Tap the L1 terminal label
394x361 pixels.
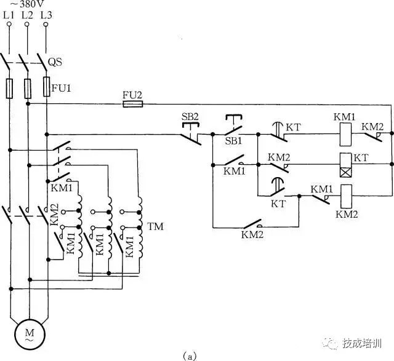click(x=9, y=14)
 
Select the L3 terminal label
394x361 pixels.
click(x=46, y=14)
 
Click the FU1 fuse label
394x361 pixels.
click(x=62, y=88)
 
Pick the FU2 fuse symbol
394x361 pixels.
click(x=132, y=104)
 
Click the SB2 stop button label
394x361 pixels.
click(x=190, y=116)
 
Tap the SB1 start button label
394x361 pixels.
click(x=233, y=141)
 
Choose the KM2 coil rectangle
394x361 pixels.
click(x=346, y=194)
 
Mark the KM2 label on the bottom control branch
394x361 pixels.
click(x=252, y=234)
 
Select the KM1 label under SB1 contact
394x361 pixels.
click(x=234, y=172)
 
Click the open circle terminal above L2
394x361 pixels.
click(x=27, y=24)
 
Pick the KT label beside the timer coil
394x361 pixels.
click(x=360, y=158)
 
